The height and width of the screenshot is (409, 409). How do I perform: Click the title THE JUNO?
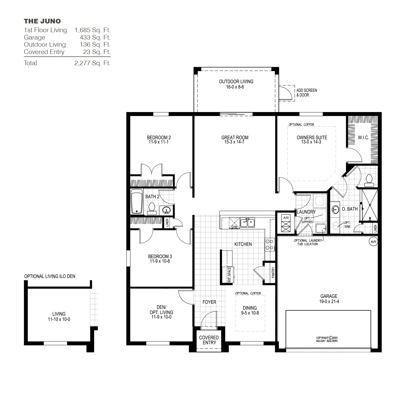pos(42,21)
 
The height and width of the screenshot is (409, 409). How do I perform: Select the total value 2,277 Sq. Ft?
pos(92,63)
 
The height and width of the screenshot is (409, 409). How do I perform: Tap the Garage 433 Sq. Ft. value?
pos(95,37)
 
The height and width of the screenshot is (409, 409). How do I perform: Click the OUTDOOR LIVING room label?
pos(236,82)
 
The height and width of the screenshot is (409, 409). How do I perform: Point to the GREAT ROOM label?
pos(235,137)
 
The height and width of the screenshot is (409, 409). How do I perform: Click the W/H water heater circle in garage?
pos(373,242)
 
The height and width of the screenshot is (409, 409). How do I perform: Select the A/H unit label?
pos(286,218)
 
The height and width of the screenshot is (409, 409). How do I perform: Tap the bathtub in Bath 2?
pos(137,202)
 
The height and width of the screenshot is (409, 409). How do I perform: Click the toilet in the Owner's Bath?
pos(369,181)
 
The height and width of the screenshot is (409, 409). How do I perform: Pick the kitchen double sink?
pos(248,222)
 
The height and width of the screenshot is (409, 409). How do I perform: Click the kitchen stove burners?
pos(269,244)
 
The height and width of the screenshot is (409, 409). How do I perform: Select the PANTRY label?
pos(273,272)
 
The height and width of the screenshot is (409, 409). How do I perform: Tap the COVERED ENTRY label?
pos(209,340)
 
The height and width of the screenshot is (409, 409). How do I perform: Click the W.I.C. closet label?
pos(363,138)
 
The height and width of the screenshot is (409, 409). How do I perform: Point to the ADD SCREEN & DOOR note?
pos(306,93)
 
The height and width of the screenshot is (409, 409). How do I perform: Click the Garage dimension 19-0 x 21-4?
pos(329,301)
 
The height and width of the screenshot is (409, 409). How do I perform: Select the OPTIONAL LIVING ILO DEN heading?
pos(50,276)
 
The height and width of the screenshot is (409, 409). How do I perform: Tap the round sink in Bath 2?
pos(166,210)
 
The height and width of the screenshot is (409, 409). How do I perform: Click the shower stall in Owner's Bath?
pos(369,205)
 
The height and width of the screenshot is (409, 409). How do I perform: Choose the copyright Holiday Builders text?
pos(327,339)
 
